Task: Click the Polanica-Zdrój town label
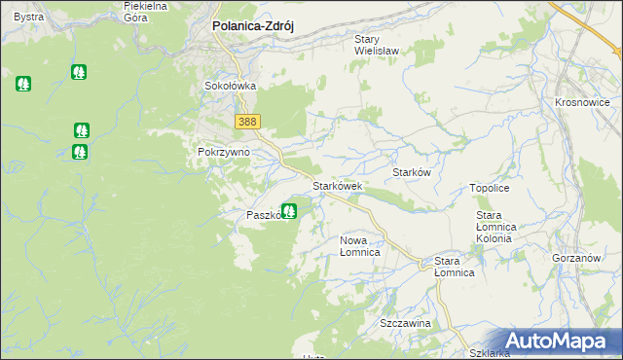coord(253,28)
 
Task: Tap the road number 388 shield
coord(246,121)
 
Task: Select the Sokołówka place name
coord(230,86)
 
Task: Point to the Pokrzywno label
coord(224,153)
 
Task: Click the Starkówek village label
coord(337,186)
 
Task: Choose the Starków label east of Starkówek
coord(411,171)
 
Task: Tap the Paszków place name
coord(264,215)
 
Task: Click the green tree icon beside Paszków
coord(289,209)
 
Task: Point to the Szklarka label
coord(489,353)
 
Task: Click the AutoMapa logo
coord(559,341)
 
